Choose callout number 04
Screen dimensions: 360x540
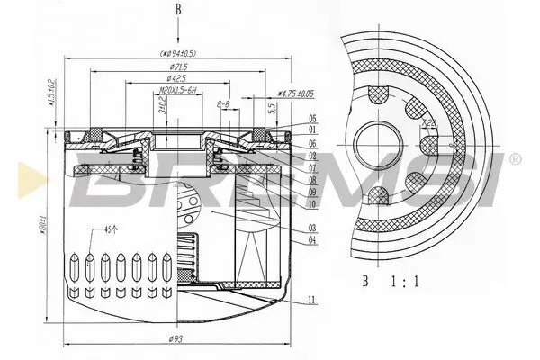311,238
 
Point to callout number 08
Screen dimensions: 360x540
311,179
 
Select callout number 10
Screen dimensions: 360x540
311,204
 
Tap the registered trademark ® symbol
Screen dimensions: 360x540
515,159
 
